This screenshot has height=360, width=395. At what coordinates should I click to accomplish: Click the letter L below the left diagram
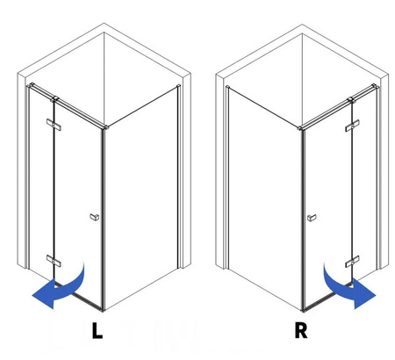pyautogui.click(x=97, y=330)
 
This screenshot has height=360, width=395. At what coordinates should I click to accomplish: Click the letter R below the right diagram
pyautogui.click(x=301, y=330)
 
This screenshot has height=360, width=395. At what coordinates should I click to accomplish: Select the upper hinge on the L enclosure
pyautogui.click(x=54, y=125)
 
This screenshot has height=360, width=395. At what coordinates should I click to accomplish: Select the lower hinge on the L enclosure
pyautogui.click(x=54, y=261)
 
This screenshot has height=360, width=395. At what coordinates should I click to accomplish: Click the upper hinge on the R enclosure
pyautogui.click(x=352, y=126)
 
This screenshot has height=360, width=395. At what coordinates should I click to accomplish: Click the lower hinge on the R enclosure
pyautogui.click(x=352, y=262)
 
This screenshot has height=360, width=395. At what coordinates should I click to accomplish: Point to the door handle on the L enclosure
pyautogui.click(x=94, y=217)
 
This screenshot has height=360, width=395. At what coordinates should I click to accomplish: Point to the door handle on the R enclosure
pyautogui.click(x=312, y=218)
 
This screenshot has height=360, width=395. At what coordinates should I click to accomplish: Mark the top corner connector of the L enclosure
pyautogui.click(x=105, y=127)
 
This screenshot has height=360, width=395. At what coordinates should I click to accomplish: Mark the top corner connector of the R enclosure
pyautogui.click(x=300, y=128)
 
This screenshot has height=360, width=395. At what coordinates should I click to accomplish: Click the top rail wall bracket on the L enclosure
pyautogui.click(x=31, y=85)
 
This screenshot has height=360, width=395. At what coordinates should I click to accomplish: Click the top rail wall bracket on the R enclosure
pyautogui.click(x=374, y=86)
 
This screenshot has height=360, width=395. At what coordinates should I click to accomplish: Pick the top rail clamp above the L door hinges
pyautogui.click(x=54, y=99)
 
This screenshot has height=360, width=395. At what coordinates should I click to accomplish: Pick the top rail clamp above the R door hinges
pyautogui.click(x=351, y=100)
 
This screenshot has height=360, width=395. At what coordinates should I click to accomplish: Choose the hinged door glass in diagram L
pyautogui.click(x=78, y=202)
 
